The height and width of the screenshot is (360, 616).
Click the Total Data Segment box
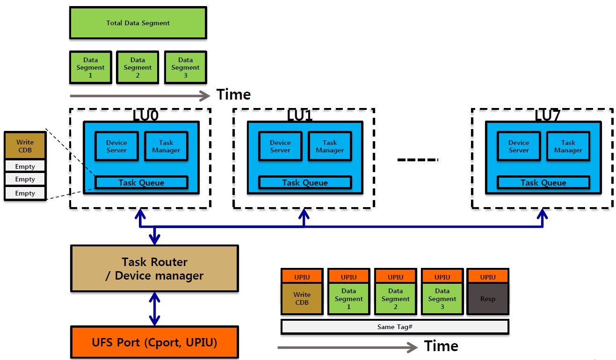pyautogui.click(x=138, y=23)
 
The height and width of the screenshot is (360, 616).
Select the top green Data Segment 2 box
pyautogui.click(x=138, y=67)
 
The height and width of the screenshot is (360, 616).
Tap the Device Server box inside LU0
pyautogui.click(x=116, y=146)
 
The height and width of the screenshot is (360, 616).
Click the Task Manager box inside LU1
pyautogui.click(x=329, y=146)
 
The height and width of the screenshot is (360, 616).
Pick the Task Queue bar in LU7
pyautogui.click(x=543, y=182)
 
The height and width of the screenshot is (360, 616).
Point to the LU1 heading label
pyautogui.click(x=300, y=115)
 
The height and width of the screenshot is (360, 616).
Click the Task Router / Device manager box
pyautogui.click(x=154, y=269)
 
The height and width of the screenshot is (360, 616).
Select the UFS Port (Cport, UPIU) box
pyautogui.click(x=154, y=343)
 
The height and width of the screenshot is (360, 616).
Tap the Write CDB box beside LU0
pyautogui.click(x=25, y=146)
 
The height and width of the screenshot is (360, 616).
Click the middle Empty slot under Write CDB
pyautogui.click(x=25, y=179)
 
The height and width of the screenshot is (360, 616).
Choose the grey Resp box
pyautogui.click(x=488, y=299)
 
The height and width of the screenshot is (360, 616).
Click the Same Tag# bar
pyautogui.click(x=394, y=327)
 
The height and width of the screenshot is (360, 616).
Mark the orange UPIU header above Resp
pyautogui.click(x=488, y=277)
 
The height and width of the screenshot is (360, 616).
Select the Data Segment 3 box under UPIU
pyautogui.click(x=442, y=299)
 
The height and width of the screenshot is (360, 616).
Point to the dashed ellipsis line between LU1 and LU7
pyautogui.click(x=418, y=160)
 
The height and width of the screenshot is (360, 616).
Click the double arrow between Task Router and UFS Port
pyautogui.click(x=154, y=308)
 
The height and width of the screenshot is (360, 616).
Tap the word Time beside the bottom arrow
pyautogui.click(x=441, y=346)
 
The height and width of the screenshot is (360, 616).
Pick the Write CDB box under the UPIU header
pyautogui.click(x=302, y=299)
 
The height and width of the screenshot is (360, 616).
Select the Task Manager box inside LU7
pyautogui.click(x=568, y=146)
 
